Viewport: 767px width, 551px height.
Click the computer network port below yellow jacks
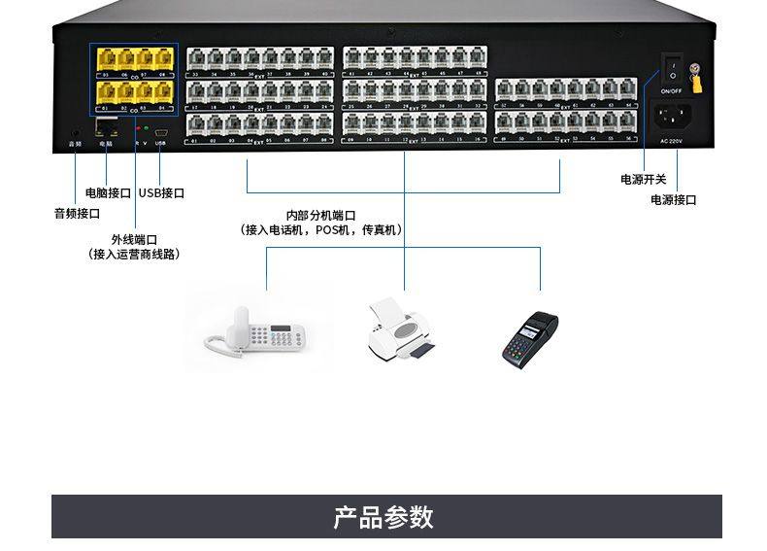pyautogui.click(x=106, y=128)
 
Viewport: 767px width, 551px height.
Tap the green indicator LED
pyautogui.click(x=147, y=127)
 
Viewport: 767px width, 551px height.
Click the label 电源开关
pyautogui.click(x=644, y=180)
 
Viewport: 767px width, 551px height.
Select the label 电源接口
pyautogui.click(x=674, y=200)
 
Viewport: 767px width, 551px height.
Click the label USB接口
pyautogui.click(x=161, y=193)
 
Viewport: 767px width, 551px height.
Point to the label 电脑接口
pyautogui.click(x=108, y=193)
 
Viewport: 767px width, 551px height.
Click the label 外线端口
pyautogui.click(x=134, y=239)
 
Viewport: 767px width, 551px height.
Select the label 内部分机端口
pyautogui.click(x=320, y=216)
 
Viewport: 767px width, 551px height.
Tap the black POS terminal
pyautogui.click(x=529, y=338)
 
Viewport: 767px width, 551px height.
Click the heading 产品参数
pyautogui.click(x=383, y=517)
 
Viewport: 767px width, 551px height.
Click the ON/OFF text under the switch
pyautogui.click(x=670, y=90)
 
